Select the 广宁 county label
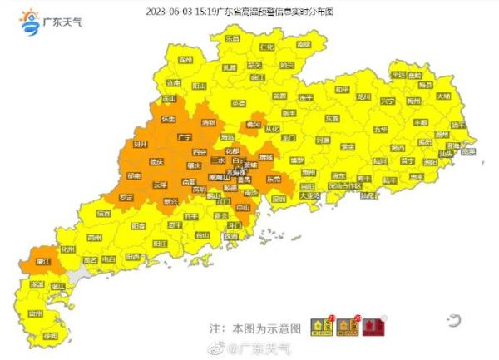(185, 136)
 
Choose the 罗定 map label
(126, 198)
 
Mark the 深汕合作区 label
(343, 186)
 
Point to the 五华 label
(380, 130)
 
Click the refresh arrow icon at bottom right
(453, 318)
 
